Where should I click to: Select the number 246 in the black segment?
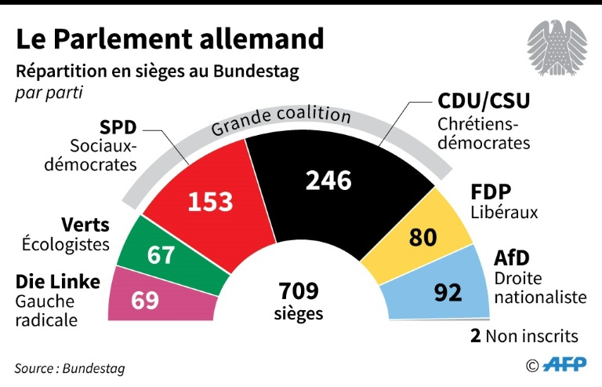point(328,181)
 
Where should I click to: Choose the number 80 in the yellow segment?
point(422,236)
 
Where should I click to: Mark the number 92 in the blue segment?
point(448,292)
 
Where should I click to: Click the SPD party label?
point(118,127)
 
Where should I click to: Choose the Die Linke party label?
point(58,281)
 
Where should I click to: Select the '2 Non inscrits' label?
point(524,336)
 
